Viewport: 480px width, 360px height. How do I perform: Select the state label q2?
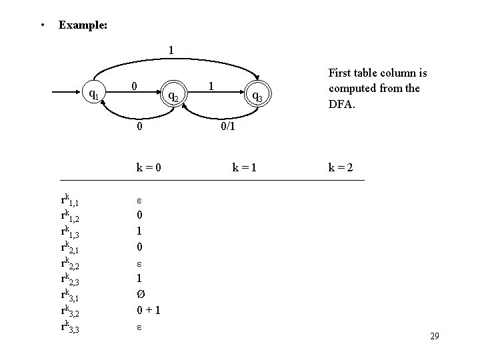tap(173, 95)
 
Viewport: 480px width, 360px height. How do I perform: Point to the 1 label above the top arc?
tap(171, 50)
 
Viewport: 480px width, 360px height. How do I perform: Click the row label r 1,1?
tap(70, 199)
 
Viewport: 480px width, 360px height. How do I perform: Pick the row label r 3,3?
tap(70, 327)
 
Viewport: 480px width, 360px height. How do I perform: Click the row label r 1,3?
tap(70, 231)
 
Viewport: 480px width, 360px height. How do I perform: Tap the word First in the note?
tap(341, 73)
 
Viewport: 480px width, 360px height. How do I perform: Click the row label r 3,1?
tap(70, 295)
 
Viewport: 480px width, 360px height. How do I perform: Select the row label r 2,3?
tap(70, 279)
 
